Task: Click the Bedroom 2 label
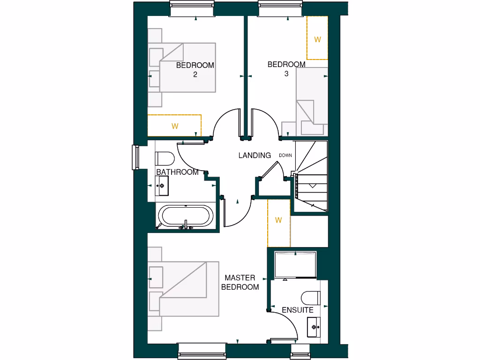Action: (195, 69)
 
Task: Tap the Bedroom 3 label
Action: (286, 68)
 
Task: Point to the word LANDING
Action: (255, 155)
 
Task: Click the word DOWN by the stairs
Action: (285, 155)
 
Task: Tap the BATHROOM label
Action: (177, 172)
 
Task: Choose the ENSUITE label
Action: (298, 310)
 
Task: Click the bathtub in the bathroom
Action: (186, 217)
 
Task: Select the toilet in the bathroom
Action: (164, 157)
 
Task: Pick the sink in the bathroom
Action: (162, 186)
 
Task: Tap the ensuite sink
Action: (313, 325)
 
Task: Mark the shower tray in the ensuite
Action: (295, 264)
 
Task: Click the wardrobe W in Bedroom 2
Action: (174, 126)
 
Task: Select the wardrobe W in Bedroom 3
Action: (317, 39)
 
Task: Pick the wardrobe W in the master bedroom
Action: (278, 220)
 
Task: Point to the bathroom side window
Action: (135, 157)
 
